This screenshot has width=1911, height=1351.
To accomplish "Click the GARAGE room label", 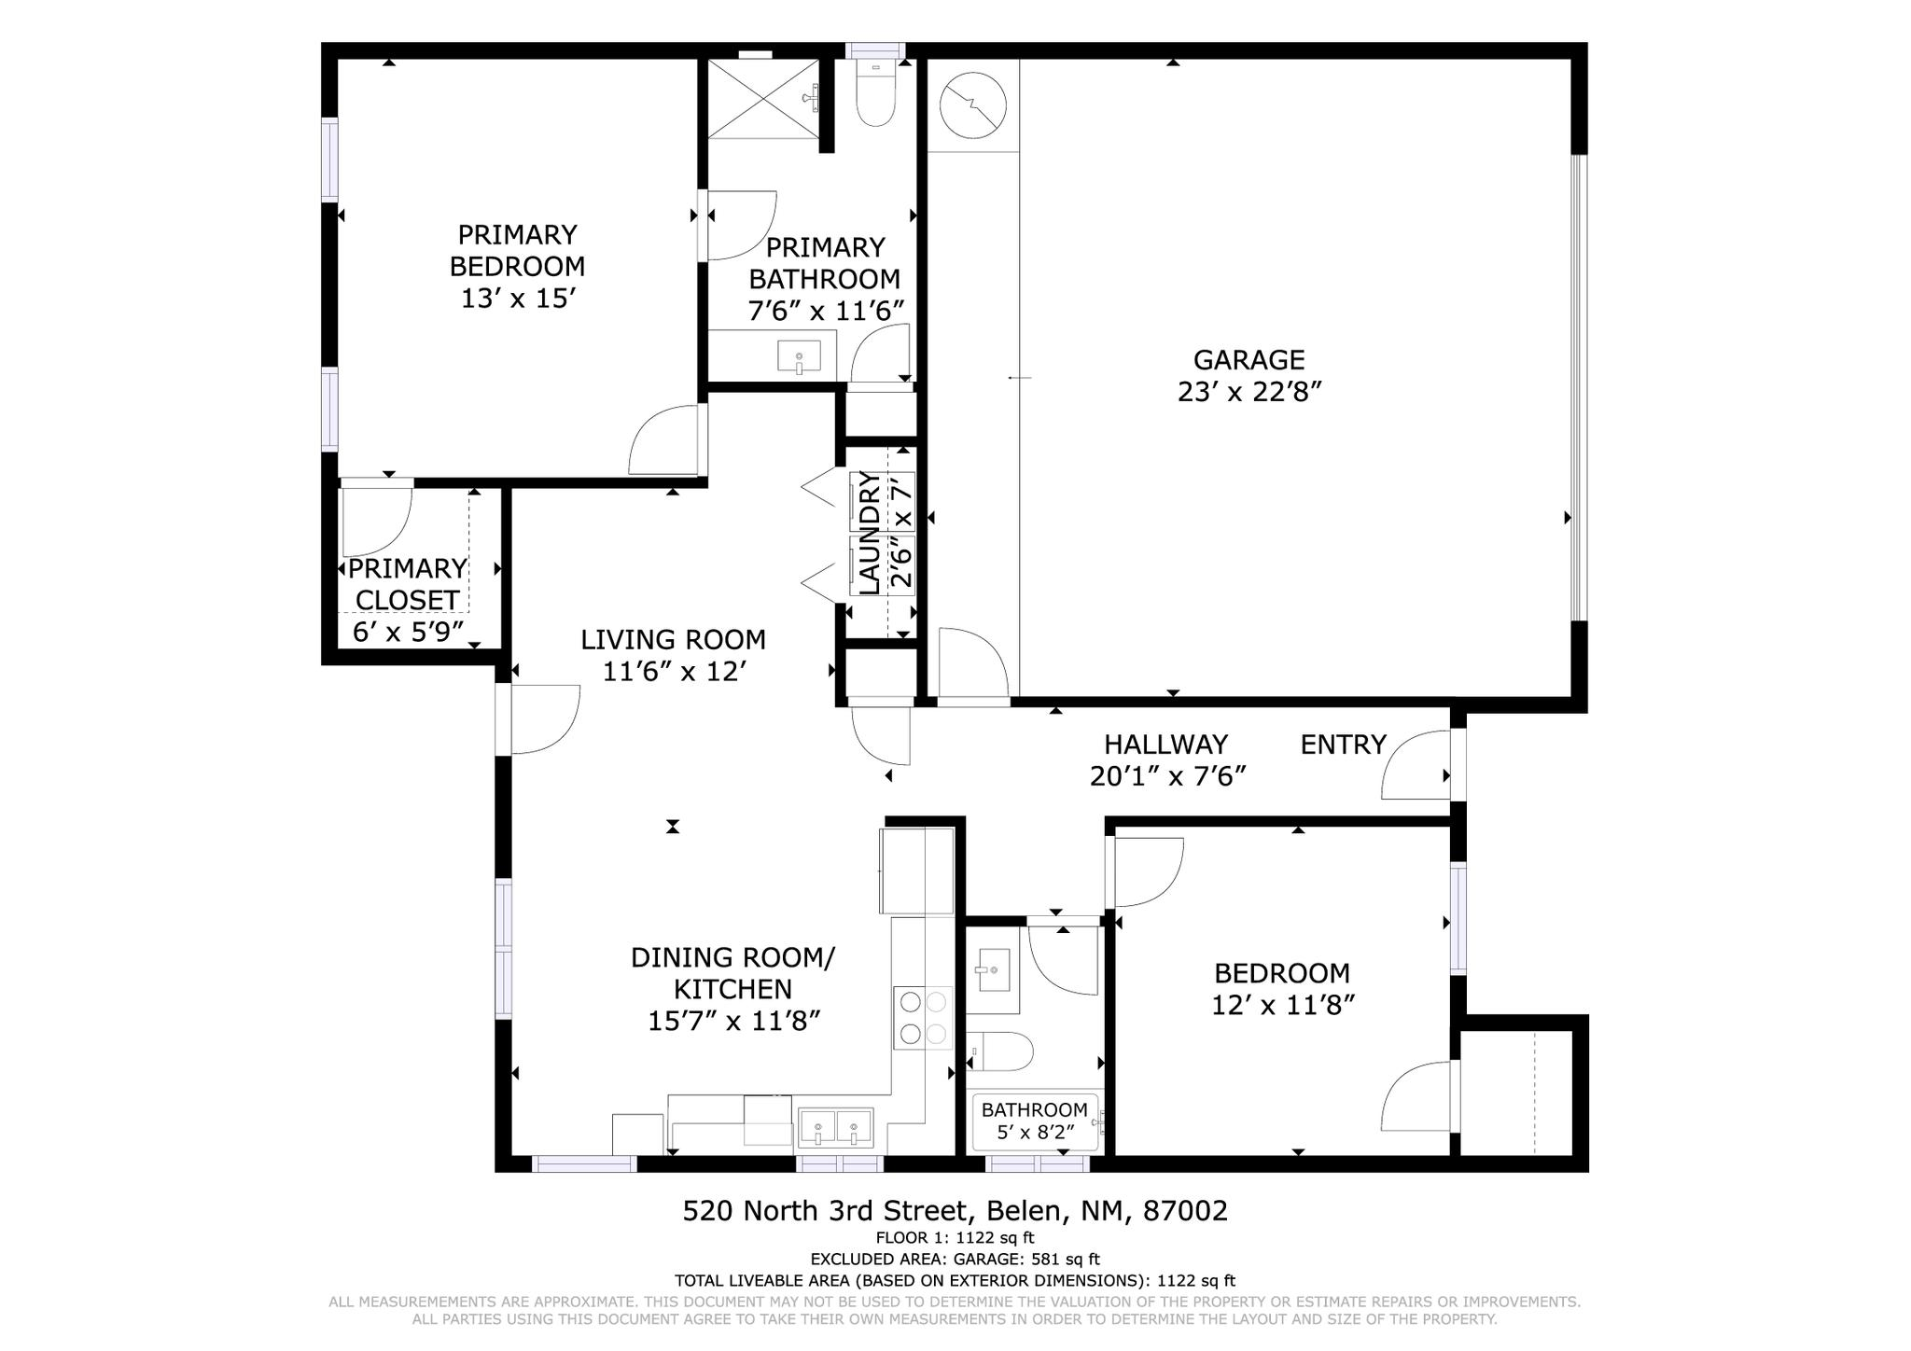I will point(1248,360).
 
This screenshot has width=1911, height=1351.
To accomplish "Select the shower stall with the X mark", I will point(761,99).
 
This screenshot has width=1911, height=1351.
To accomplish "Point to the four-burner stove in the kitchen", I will point(923,1018).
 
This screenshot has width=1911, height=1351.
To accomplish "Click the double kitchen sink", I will point(835,1128).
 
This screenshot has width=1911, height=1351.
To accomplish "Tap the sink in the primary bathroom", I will point(799,356).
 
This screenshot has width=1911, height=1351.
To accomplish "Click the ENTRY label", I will point(1343,745).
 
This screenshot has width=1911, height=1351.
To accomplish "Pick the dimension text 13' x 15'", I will point(516,299).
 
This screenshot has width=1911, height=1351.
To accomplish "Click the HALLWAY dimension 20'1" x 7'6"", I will point(1167,776).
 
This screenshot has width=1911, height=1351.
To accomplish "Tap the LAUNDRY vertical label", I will point(869,533).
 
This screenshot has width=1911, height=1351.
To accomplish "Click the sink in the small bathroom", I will point(992,972).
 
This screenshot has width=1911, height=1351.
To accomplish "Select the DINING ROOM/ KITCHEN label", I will point(732,973).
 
